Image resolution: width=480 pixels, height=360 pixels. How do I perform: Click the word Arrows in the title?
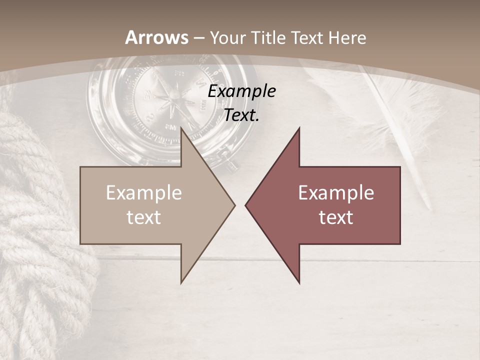tap(157, 37)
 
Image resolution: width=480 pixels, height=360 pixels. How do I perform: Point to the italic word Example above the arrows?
tap(242, 91)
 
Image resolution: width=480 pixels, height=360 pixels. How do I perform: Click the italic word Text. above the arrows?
tap(242, 115)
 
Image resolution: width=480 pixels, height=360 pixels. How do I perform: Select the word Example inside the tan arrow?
tap(144, 193)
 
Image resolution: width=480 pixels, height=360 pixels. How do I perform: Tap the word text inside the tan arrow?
tap(144, 217)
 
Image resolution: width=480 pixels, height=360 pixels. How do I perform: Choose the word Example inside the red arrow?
tap(336, 193)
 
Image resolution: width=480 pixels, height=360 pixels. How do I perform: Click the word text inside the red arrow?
tap(336, 217)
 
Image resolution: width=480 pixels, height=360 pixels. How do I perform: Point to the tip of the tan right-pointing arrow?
tap(234, 205)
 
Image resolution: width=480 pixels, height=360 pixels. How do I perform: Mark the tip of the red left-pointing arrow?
tap(245, 205)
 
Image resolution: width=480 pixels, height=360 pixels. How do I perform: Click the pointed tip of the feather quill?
tap(429, 207)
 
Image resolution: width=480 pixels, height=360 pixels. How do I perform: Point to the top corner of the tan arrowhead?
tap(181, 128)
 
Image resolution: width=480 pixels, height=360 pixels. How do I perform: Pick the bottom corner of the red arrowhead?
tap(299, 283)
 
